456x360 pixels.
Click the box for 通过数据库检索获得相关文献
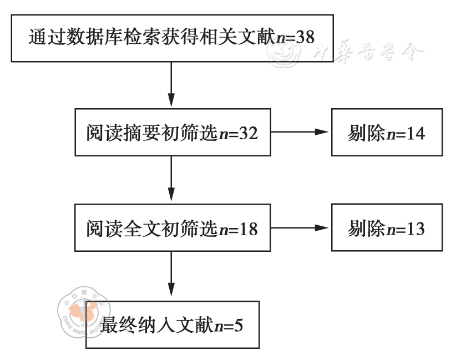172,38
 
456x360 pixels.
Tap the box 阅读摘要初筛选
172,133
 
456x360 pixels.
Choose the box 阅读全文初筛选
172,228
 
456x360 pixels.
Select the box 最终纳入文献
172,324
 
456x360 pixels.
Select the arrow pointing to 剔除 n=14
300,133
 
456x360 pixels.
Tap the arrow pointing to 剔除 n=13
300,227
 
